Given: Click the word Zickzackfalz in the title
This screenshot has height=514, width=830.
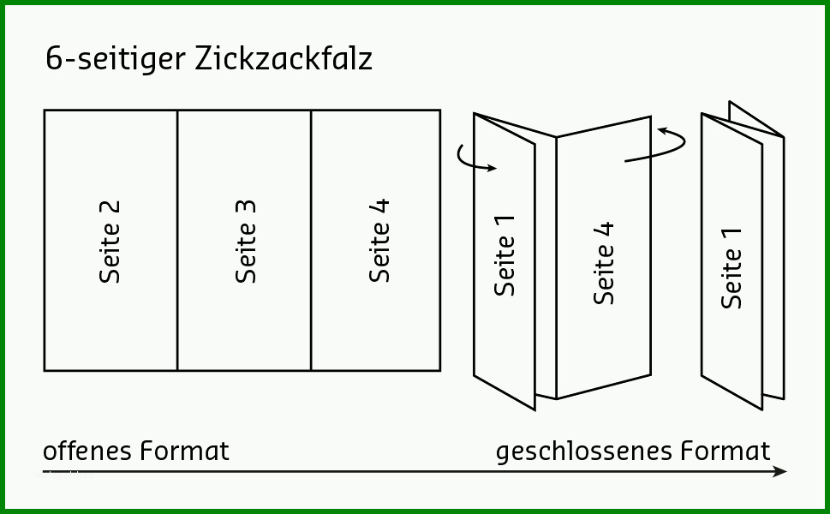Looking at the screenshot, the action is pyautogui.click(x=284, y=57).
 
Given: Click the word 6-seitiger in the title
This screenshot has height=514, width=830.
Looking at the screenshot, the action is pyautogui.click(x=116, y=59).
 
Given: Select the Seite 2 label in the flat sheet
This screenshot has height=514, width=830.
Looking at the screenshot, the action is pyautogui.click(x=110, y=242).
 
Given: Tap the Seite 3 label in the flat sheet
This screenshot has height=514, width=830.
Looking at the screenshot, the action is pyautogui.click(x=246, y=242).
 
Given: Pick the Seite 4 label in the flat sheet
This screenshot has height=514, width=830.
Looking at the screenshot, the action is pyautogui.click(x=379, y=241).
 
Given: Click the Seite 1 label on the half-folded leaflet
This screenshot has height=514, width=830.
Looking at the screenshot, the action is pyautogui.click(x=505, y=255).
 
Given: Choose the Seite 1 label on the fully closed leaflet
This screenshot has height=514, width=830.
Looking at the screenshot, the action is pyautogui.click(x=731, y=269).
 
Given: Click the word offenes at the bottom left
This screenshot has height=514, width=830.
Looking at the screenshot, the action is pyautogui.click(x=87, y=451).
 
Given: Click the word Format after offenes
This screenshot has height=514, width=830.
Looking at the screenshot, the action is pyautogui.click(x=185, y=451).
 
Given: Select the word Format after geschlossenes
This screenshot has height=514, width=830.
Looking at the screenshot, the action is pyautogui.click(x=726, y=451).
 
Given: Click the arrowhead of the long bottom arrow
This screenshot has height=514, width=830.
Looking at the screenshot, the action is pyautogui.click(x=780, y=471).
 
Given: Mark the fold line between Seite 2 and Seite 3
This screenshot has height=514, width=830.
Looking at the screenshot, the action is pyautogui.click(x=177, y=241).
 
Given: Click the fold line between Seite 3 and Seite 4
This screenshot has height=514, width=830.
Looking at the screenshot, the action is pyautogui.click(x=311, y=241).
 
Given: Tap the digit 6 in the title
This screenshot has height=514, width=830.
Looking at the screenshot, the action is pyautogui.click(x=54, y=58).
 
